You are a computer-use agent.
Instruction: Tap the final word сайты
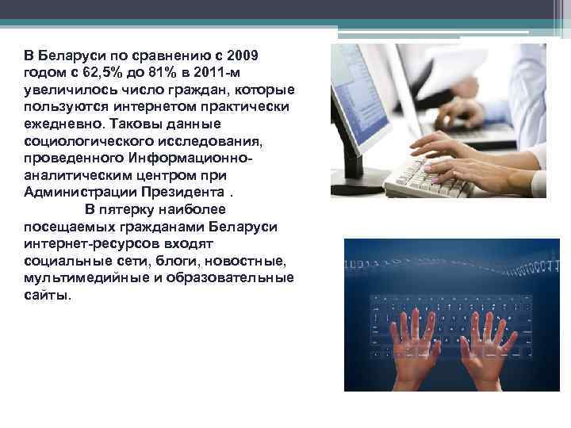pyautogui.click(x=47, y=295)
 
